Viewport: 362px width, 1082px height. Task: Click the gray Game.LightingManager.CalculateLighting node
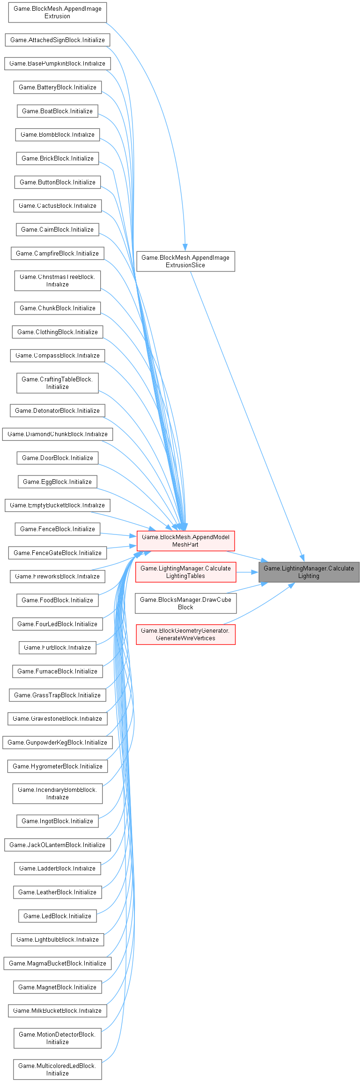(x=309, y=572)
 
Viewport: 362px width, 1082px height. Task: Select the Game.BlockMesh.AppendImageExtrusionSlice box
(x=185, y=261)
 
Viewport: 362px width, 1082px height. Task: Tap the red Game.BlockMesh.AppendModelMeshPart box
(x=185, y=541)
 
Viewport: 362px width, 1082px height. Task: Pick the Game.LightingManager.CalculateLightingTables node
(x=185, y=572)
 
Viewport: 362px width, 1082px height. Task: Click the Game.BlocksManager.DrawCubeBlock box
(x=185, y=603)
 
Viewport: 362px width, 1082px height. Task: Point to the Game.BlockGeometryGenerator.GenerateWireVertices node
(x=185, y=634)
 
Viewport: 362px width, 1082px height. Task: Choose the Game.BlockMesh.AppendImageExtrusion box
(x=57, y=12)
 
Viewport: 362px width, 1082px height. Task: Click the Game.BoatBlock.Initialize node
(x=57, y=111)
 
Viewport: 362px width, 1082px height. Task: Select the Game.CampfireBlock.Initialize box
(x=57, y=253)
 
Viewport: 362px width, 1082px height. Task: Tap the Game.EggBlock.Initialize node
(x=57, y=482)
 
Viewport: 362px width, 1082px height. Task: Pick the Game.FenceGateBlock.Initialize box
(x=57, y=553)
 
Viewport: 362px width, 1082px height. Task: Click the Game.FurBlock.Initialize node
(x=57, y=647)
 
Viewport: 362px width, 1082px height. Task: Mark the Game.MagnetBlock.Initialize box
(x=57, y=987)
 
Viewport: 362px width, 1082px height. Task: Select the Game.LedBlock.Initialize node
(x=57, y=916)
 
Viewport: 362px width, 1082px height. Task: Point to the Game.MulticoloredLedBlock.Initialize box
(x=57, y=1069)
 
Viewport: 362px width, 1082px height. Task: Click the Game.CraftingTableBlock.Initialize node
(x=57, y=383)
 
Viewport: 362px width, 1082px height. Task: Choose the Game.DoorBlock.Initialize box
(x=57, y=458)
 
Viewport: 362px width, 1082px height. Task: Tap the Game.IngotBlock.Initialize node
(x=57, y=821)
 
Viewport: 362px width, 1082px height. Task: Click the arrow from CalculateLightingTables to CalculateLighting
(x=247, y=572)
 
